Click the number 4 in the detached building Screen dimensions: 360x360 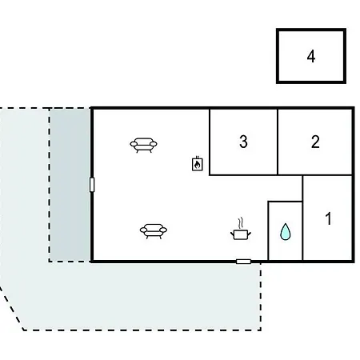(x=311, y=57)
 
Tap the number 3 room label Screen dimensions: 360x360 (x=243, y=142)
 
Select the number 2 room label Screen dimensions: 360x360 (x=315, y=142)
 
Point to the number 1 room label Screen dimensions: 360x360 (x=329, y=218)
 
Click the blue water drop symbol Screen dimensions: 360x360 (x=285, y=232)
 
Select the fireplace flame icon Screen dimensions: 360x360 (x=198, y=164)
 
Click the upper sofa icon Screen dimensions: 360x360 (x=143, y=145)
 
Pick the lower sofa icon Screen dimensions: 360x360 (x=154, y=231)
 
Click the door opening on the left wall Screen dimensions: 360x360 (x=92, y=185)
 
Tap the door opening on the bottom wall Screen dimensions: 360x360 (x=243, y=262)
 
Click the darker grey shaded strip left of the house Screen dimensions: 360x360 (x=70, y=185)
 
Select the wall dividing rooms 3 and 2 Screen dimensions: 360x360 (x=278, y=142)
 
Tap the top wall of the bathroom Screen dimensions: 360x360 (x=285, y=202)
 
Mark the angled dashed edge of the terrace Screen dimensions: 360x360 (x=12, y=309)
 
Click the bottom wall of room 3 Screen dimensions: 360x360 (x=243, y=175)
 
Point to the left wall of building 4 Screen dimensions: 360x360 (x=278, y=56)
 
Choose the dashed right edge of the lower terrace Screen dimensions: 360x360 (x=261, y=297)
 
